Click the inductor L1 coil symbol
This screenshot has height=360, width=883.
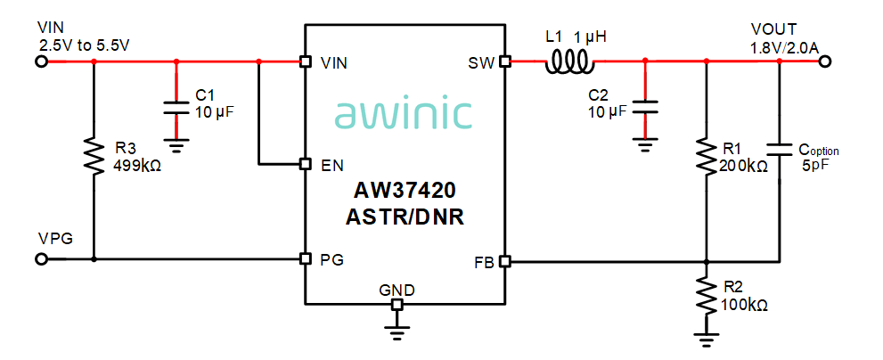[570, 61]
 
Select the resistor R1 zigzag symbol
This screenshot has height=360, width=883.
[706, 156]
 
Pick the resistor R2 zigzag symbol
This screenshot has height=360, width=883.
[706, 295]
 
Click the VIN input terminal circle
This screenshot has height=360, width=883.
[40, 61]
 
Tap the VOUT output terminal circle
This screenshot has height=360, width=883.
[825, 61]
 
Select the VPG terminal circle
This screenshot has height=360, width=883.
[40, 260]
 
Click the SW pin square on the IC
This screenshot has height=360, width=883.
[504, 61]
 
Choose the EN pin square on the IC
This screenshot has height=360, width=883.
[305, 165]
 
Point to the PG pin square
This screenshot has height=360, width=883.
[305, 260]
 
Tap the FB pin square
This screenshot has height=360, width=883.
[504, 262]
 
